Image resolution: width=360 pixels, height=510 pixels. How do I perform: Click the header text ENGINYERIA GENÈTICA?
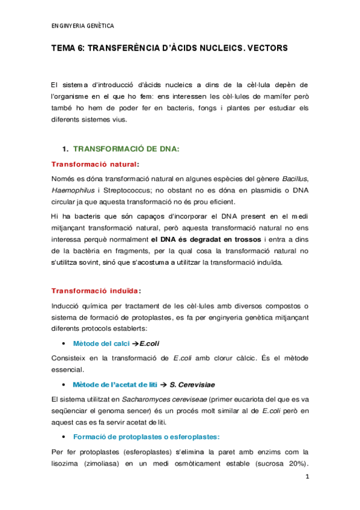coord(83,26)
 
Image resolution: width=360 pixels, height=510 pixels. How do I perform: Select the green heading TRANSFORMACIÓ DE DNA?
coord(126,148)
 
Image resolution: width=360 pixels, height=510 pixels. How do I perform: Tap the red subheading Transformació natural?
coord(94,164)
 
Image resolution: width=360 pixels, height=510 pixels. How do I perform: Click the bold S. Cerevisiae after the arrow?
coord(194,384)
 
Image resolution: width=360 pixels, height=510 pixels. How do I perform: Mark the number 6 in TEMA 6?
coord(81,47)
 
